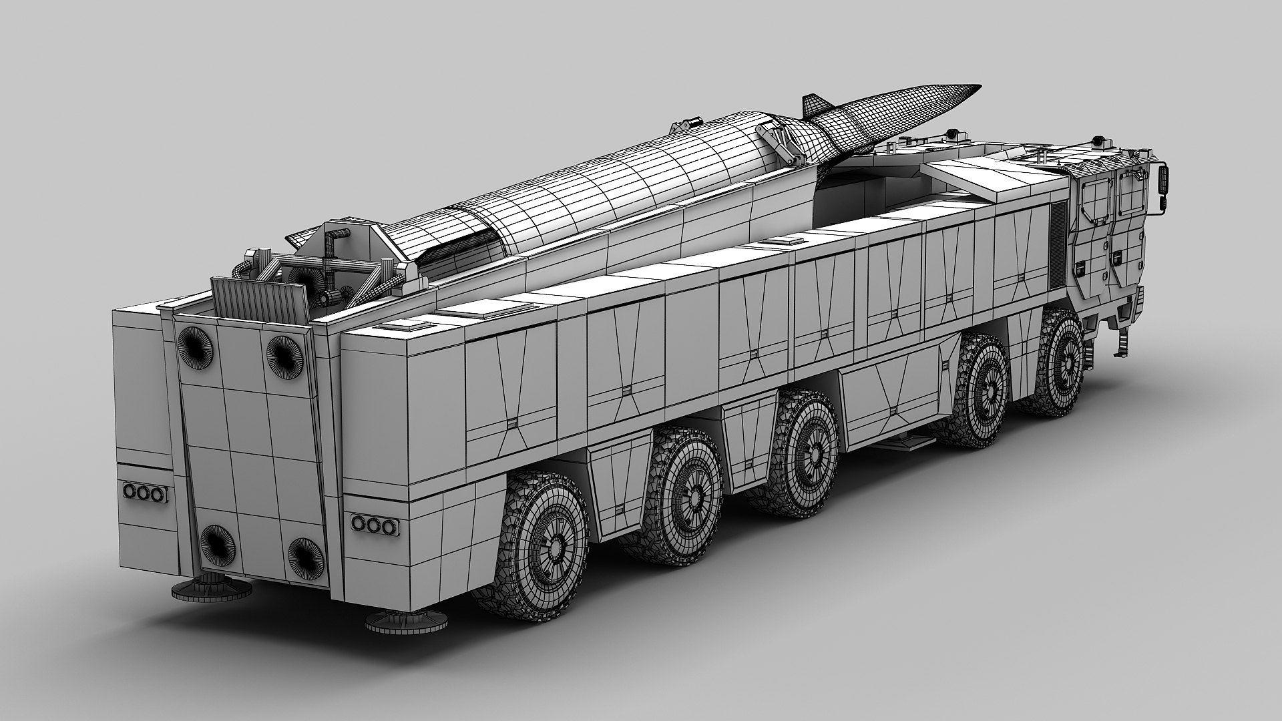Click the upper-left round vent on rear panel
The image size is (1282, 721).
[x=196, y=347]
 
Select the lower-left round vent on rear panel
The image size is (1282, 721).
[x=217, y=543]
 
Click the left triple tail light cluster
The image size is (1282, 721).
[x=144, y=493]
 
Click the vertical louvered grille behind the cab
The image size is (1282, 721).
[x=1058, y=240]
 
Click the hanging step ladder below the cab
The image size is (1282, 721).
[x=1123, y=343]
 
